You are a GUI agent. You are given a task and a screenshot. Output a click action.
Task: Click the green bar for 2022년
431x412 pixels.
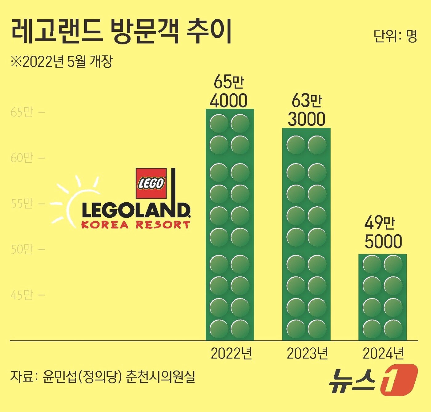point(230,224)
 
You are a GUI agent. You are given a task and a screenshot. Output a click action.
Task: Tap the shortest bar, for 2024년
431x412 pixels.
point(382,297)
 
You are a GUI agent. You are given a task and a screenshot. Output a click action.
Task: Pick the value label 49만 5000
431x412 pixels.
point(383,232)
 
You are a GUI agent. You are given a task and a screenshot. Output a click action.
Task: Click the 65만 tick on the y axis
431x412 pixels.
point(22,112)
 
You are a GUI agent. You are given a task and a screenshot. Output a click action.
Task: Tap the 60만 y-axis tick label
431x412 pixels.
point(22,158)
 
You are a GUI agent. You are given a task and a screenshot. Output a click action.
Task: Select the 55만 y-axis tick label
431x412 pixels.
point(22,204)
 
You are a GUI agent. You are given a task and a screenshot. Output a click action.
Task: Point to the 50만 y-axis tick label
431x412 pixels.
point(22,249)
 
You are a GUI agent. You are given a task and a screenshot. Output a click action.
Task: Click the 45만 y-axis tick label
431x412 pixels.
point(22,295)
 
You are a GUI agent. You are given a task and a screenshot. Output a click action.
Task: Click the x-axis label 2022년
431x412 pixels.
point(231,354)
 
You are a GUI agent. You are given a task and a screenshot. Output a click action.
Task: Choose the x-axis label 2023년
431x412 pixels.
point(307,354)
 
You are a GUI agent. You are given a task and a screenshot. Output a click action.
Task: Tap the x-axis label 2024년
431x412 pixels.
point(383,354)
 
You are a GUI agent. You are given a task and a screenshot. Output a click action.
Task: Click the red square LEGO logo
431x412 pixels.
point(151,183)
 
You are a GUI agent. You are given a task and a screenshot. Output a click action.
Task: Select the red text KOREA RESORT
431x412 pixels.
point(135,225)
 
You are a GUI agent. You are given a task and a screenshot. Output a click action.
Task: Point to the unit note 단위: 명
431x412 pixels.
point(395,36)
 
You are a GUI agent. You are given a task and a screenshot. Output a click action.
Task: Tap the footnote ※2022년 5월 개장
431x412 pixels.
point(62,62)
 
